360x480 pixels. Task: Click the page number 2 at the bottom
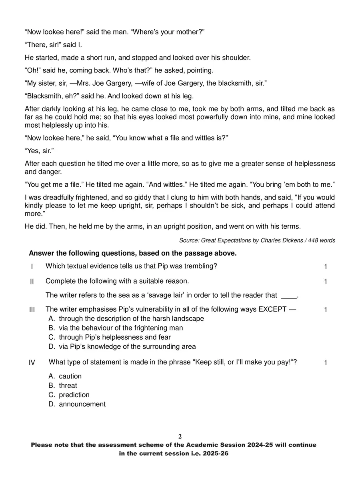(x=180, y=436)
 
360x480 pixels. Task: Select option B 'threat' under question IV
(x=68, y=386)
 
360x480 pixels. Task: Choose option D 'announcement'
(x=82, y=404)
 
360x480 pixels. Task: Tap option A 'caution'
(x=70, y=376)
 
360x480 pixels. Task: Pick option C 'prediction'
(x=74, y=395)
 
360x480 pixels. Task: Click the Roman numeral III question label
(x=32, y=310)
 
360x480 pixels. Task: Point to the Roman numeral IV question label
(x=32, y=363)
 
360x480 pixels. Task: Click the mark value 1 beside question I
(x=326, y=267)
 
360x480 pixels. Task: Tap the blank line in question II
(x=289, y=296)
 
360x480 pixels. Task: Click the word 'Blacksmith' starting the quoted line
(x=44, y=96)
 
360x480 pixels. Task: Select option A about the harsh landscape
(x=131, y=319)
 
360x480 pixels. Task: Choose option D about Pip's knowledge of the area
(x=127, y=346)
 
